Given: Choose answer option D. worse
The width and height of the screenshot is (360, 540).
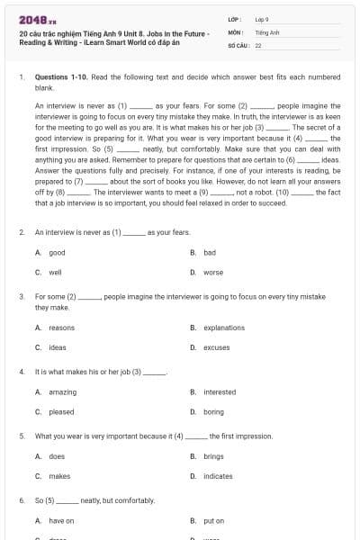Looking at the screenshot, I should [212, 272].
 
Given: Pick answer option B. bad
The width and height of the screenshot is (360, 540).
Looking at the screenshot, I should [209, 253].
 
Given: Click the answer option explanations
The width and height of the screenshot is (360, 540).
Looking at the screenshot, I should [223, 328].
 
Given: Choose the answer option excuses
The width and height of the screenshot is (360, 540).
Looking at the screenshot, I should [216, 346].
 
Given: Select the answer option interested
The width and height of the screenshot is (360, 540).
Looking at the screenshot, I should [220, 392].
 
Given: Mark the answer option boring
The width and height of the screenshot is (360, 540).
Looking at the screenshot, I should [213, 411].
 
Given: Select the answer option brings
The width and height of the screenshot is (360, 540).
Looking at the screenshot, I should [213, 456].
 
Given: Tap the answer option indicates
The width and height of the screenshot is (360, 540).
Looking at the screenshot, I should [218, 476].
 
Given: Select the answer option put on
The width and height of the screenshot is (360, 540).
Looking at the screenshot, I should [214, 521].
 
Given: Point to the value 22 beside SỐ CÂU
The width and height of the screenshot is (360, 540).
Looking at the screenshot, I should [258, 44].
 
